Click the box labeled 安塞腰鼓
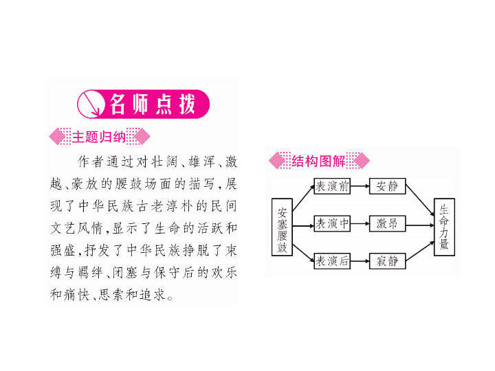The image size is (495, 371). [x=282, y=227]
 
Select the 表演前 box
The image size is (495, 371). [x=332, y=186]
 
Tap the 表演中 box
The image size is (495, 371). [x=332, y=224]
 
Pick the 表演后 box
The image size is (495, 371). [x=332, y=261]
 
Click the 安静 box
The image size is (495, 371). [x=387, y=186]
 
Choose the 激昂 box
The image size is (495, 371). [x=387, y=224]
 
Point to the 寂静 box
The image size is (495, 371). [x=387, y=261]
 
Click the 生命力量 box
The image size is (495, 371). [x=444, y=227]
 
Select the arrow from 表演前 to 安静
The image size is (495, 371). [x=360, y=186]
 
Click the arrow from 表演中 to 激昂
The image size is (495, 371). [x=360, y=224]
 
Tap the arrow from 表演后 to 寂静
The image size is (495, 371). [x=360, y=261]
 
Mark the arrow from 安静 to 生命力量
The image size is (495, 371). [x=420, y=201]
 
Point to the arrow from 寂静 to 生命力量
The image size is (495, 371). [x=420, y=251]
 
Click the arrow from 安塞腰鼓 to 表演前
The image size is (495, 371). [x=304, y=198]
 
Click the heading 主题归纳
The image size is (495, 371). [x=99, y=137]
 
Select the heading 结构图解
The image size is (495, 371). [x=318, y=161]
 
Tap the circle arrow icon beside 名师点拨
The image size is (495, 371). [x=91, y=104]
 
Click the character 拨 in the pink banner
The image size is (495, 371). [x=188, y=104]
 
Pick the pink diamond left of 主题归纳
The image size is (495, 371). [x=57, y=137]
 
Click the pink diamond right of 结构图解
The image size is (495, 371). [x=362, y=161]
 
